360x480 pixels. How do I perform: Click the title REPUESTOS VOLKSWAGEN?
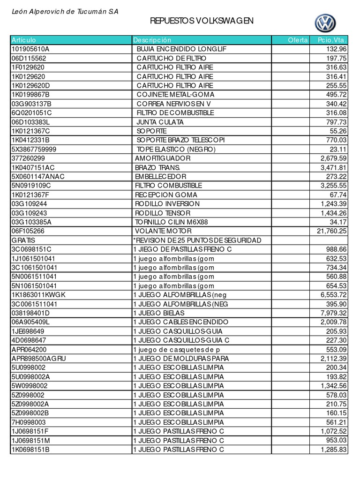[202, 21]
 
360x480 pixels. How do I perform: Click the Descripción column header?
[152, 40]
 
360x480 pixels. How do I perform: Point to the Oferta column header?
[298, 40]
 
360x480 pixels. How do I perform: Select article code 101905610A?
[30, 49]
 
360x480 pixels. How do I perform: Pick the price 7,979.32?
[333, 313]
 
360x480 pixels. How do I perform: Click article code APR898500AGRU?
[39, 358]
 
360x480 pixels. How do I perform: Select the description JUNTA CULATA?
[160, 122]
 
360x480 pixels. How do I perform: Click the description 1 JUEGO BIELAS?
[159, 313]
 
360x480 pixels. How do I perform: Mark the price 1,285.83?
[333, 449]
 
